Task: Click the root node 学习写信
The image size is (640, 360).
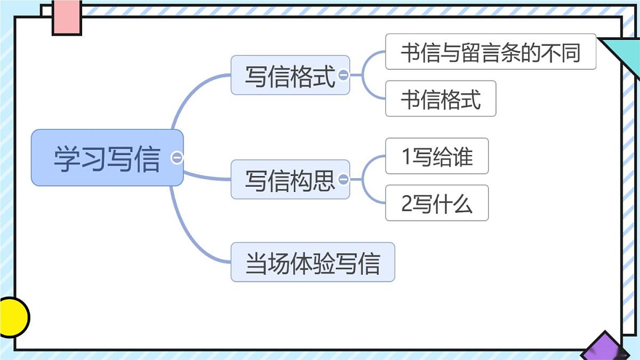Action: (x=107, y=158)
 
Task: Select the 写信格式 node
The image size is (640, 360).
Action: (x=290, y=75)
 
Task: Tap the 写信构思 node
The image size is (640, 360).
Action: (x=290, y=179)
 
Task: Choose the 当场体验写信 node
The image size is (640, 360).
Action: (x=313, y=262)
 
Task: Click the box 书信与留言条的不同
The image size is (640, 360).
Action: (x=490, y=52)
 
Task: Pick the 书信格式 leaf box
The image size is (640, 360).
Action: (x=441, y=99)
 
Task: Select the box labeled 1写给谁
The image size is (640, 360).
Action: (x=437, y=156)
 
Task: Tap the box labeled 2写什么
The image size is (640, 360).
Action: (x=437, y=203)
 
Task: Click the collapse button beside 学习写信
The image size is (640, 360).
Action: (x=177, y=158)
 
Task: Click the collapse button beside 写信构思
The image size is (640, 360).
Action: (x=343, y=179)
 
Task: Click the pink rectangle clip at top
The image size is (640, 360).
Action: (x=67, y=17)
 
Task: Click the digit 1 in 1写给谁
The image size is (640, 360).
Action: (x=406, y=157)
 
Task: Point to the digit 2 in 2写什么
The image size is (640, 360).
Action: (x=406, y=204)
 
